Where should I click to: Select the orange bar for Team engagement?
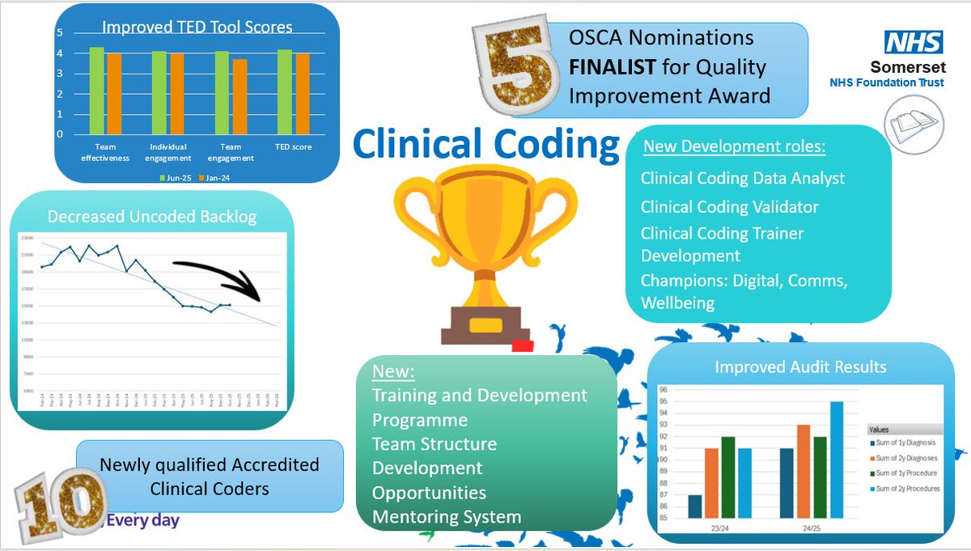click(x=239, y=97)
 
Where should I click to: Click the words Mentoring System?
click(x=446, y=516)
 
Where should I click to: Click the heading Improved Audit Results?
click(x=800, y=367)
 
